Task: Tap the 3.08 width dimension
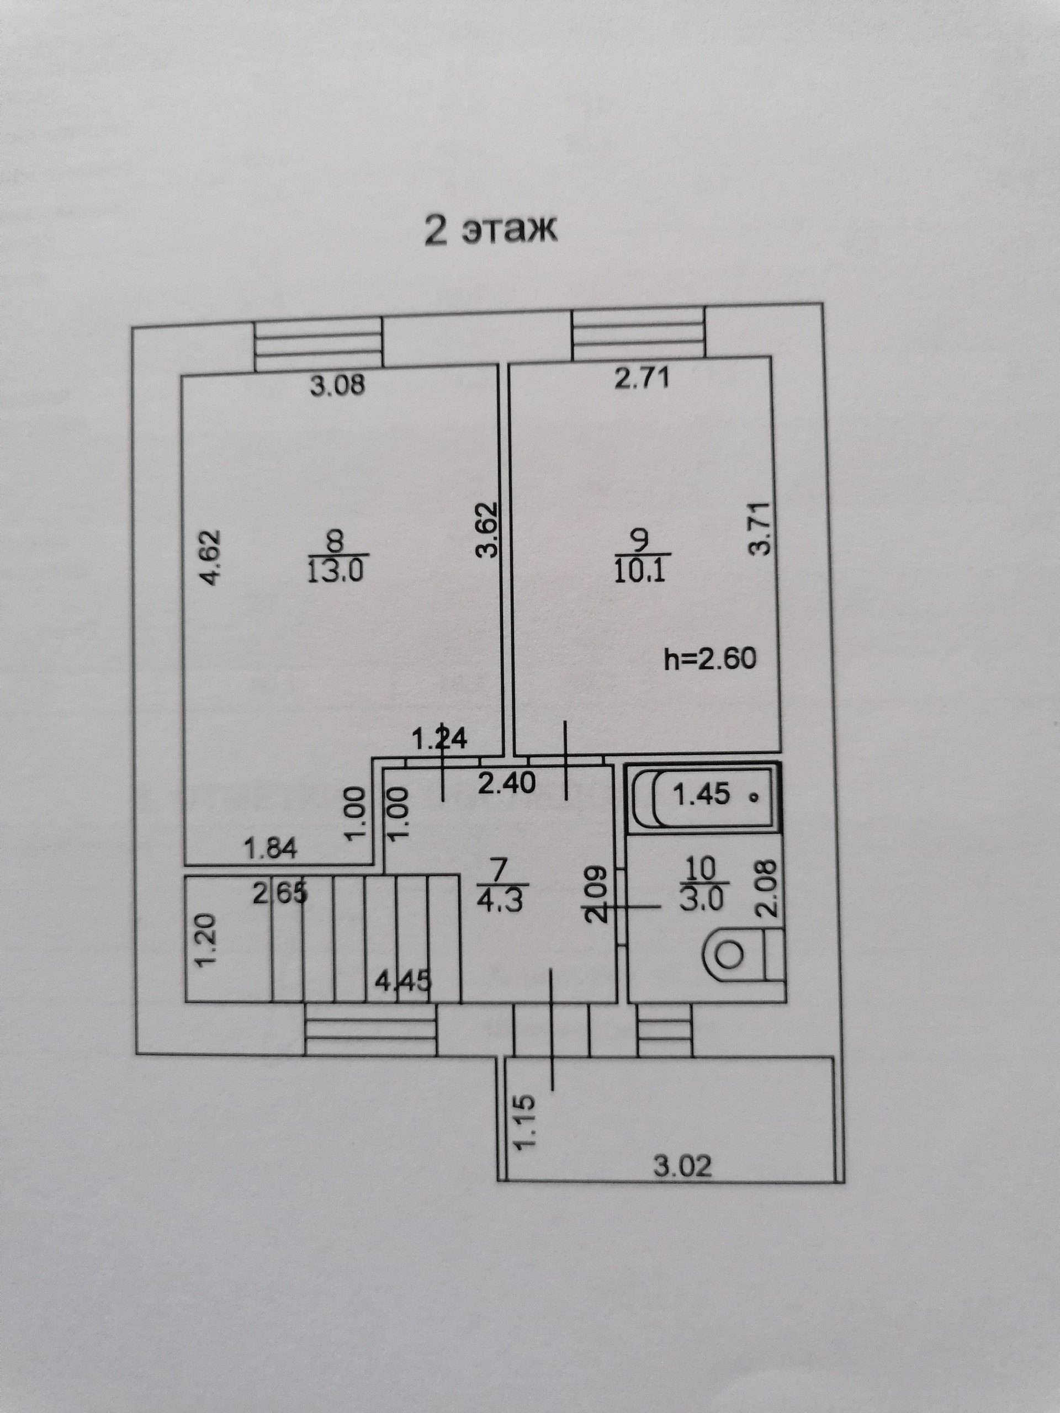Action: click(x=337, y=385)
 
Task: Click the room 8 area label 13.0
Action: click(x=335, y=570)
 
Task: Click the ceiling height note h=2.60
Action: click(x=710, y=658)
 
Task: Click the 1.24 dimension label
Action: click(x=439, y=739)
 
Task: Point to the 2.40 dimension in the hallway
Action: click(x=507, y=783)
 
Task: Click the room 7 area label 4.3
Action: click(x=500, y=901)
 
